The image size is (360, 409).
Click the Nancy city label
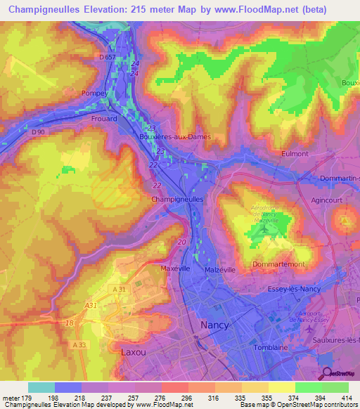[x=214, y=325]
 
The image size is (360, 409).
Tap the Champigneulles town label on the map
[x=178, y=200]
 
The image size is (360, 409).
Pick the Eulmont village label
[x=295, y=153]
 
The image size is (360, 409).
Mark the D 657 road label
[x=108, y=56]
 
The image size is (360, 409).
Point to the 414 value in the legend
[x=346, y=398]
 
